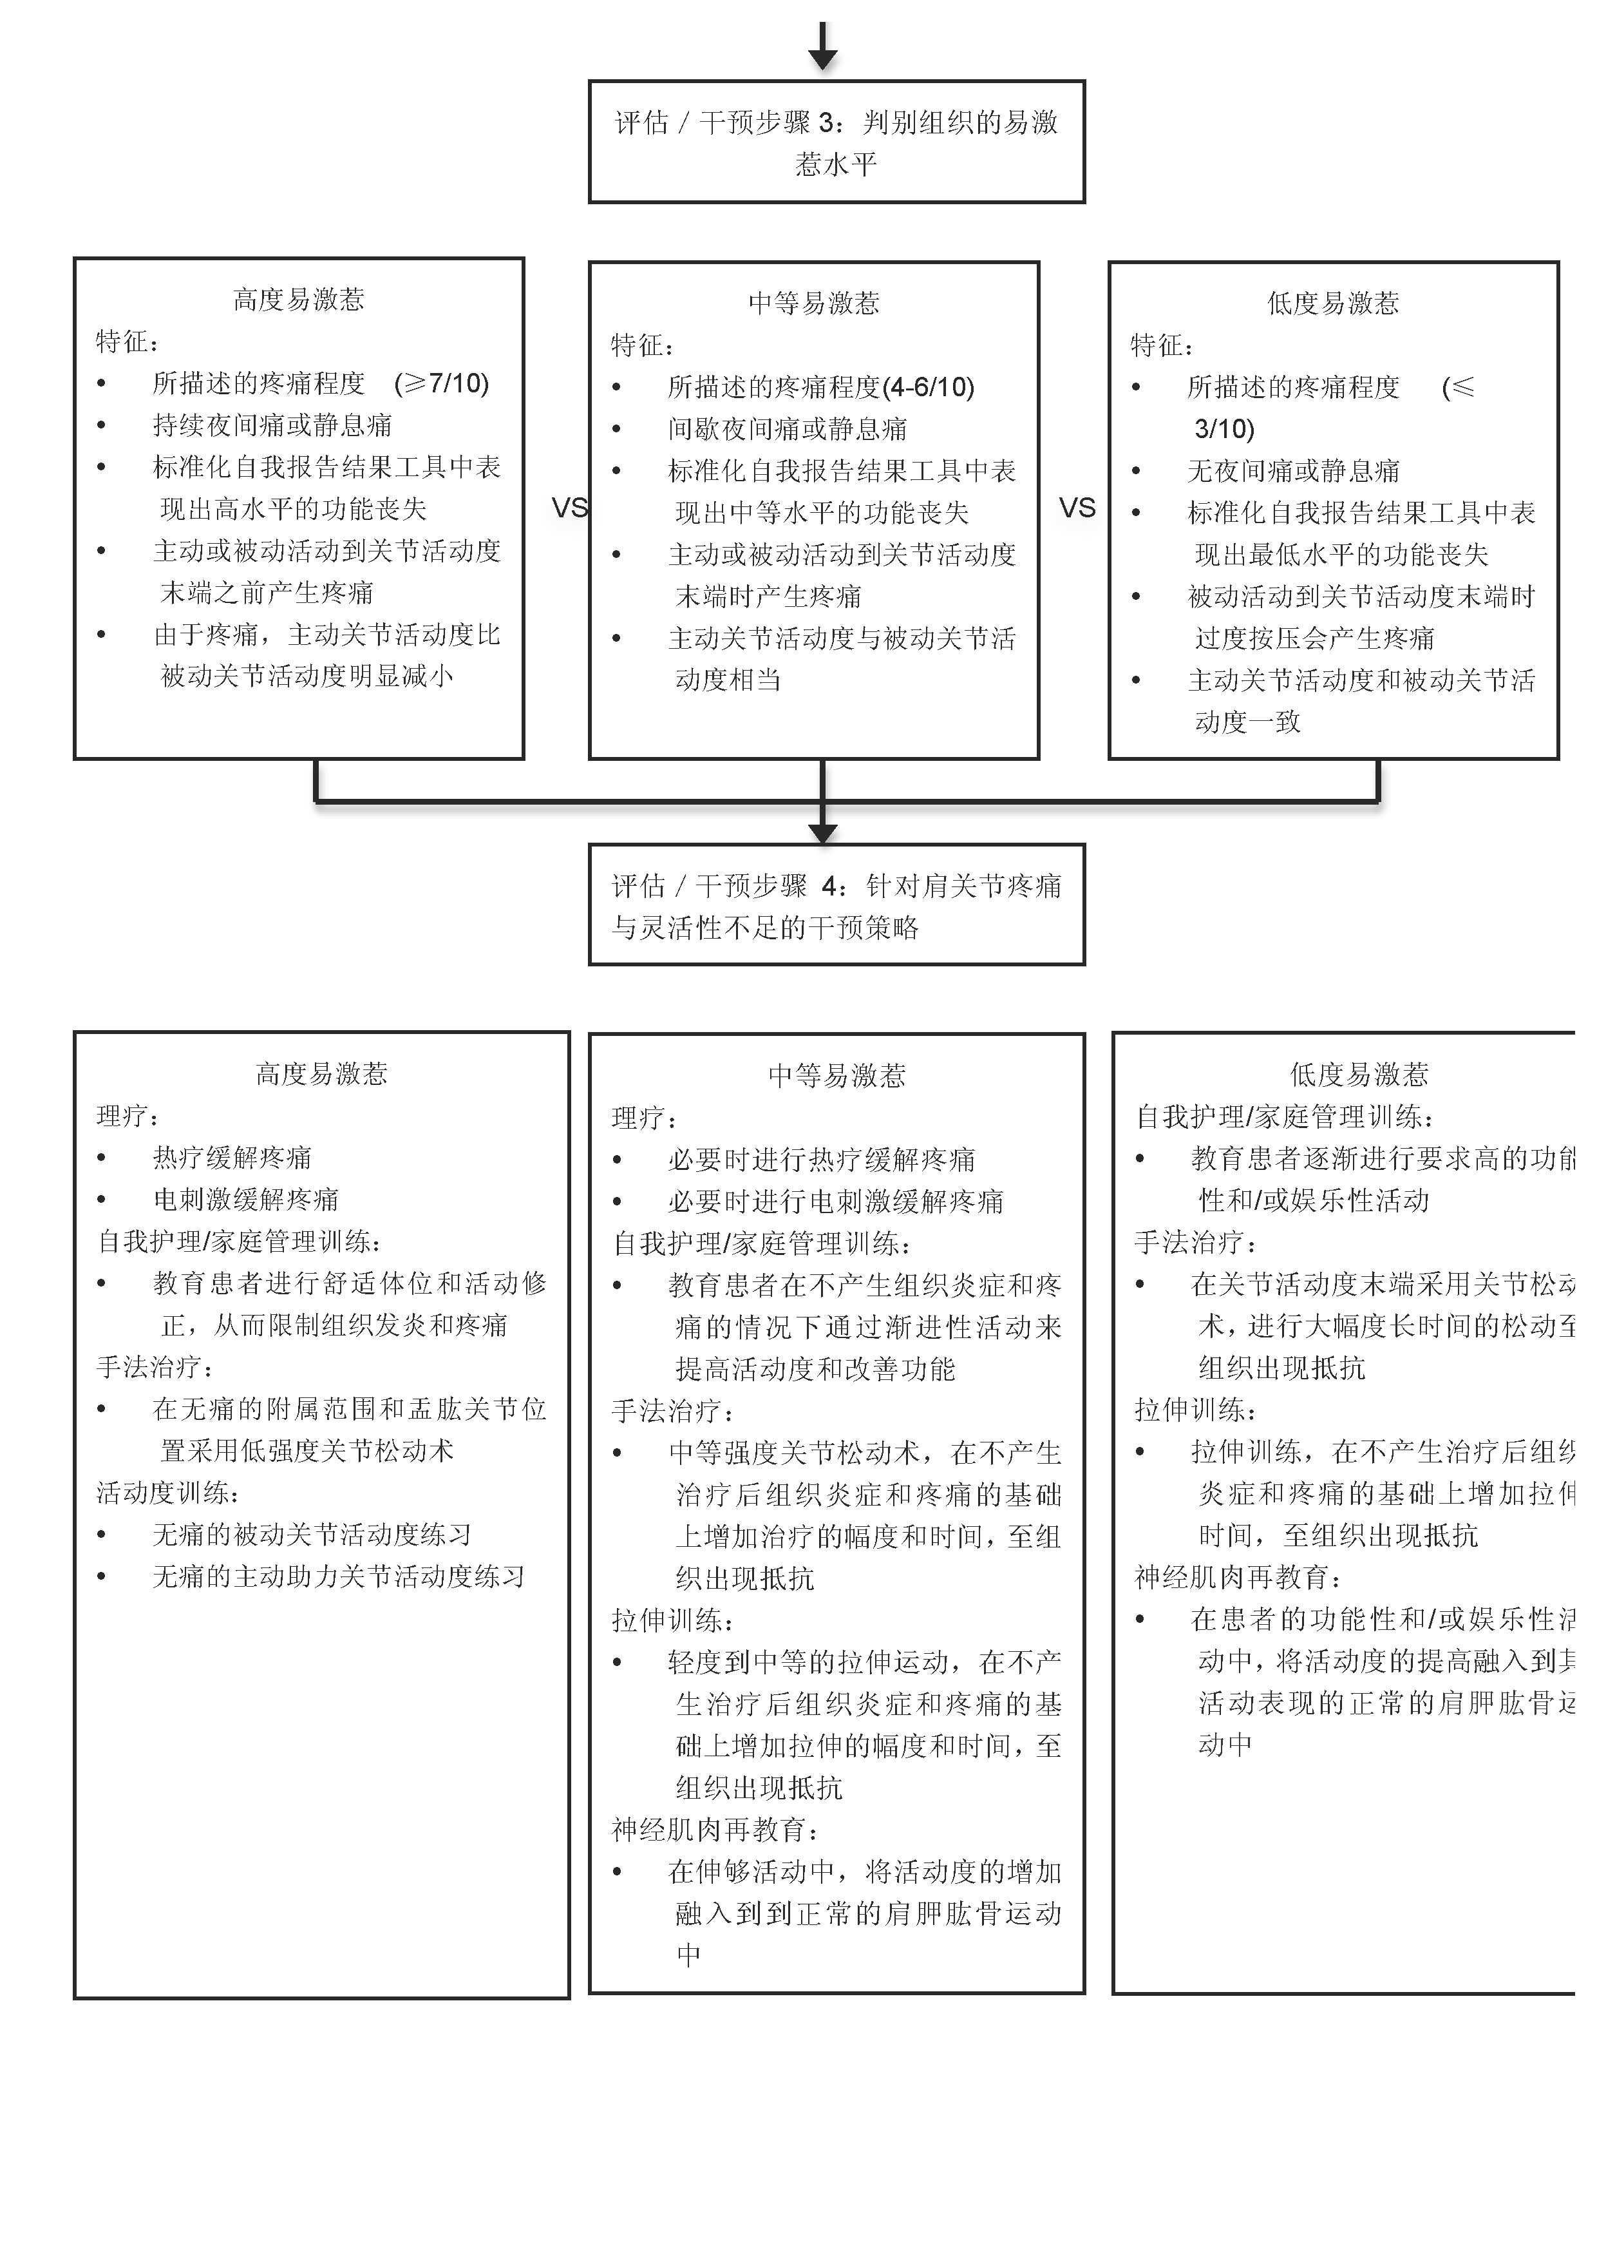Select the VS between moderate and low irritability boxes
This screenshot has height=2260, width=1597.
tap(1077, 508)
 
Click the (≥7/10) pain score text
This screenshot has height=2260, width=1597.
tap(441, 383)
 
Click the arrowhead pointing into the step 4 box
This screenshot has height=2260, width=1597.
tap(822, 833)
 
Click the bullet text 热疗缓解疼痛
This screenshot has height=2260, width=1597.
tap(232, 1158)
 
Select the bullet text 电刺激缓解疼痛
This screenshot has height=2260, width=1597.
tap(246, 1199)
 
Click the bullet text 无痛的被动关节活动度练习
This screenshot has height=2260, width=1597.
tap(312, 1535)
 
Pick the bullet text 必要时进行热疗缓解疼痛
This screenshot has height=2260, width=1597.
tap(822, 1160)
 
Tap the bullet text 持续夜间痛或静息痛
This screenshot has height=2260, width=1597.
tap(272, 425)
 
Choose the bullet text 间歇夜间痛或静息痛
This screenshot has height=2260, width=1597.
tap(787, 429)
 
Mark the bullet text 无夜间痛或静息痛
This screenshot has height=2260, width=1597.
tap(1293, 470)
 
